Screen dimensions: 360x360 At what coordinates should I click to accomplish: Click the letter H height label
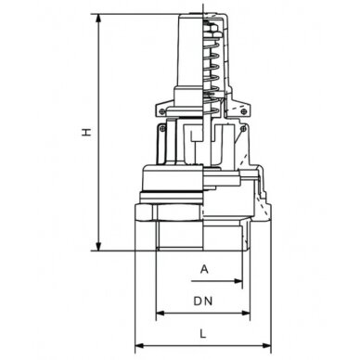(x=84, y=134)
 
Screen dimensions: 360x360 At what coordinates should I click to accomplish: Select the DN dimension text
(x=202, y=302)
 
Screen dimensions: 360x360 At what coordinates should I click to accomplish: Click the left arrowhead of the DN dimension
(x=159, y=312)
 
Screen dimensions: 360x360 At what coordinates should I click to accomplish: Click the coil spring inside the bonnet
(x=212, y=65)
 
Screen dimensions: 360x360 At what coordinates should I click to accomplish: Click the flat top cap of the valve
(x=199, y=16)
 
